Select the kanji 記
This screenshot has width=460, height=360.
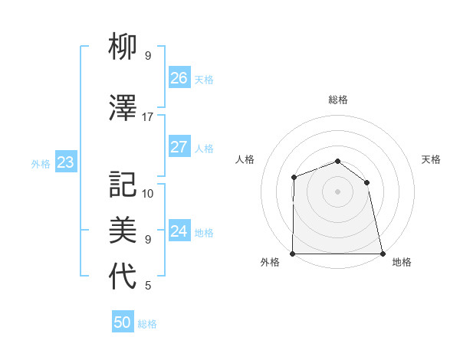tap(123, 185)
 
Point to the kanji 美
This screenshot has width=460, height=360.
tap(123, 229)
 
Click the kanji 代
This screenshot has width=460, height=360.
tap(123, 277)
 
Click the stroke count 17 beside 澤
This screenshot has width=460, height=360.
tap(148, 117)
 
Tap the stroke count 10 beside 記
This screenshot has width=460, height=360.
tap(148, 193)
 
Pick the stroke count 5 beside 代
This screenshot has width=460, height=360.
tap(148, 286)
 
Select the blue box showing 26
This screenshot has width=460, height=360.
tap(179, 78)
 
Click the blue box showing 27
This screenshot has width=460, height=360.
tap(179, 147)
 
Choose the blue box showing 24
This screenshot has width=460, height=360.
tap(179, 231)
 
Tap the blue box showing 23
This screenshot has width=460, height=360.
tap(65, 162)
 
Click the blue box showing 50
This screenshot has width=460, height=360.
tap(123, 322)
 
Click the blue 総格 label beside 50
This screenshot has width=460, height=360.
tap(148, 324)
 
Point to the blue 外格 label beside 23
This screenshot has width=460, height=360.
tap(41, 163)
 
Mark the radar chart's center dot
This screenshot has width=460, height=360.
tap(338, 191)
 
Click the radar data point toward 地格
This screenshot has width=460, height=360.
tap(383, 254)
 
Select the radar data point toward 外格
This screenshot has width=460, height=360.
tap(293, 254)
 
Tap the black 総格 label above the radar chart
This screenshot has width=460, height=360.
tap(338, 100)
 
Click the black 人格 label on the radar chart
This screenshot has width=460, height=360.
tap(245, 159)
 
